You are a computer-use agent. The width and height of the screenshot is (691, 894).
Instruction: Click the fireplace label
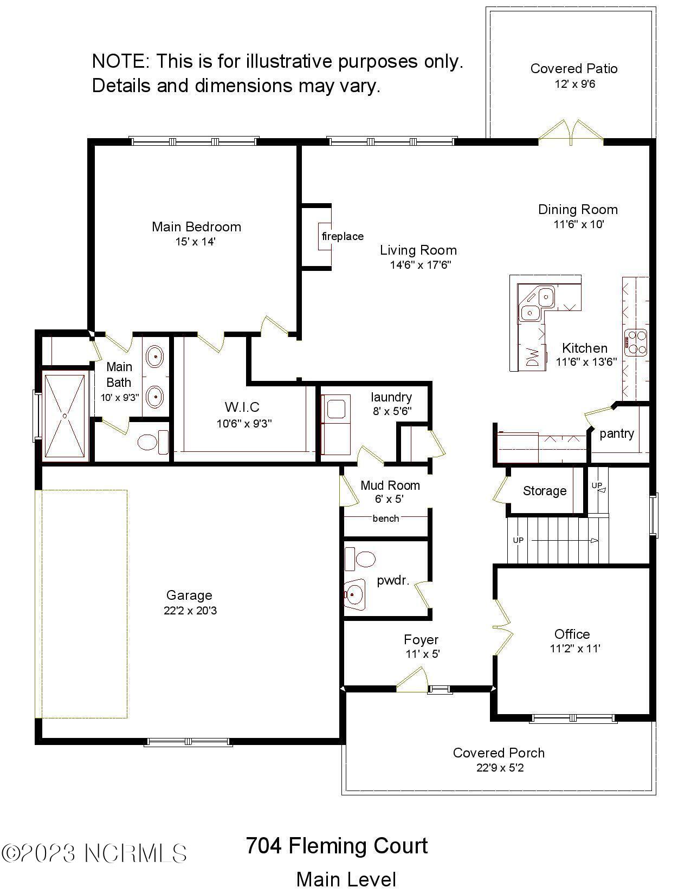click(x=343, y=236)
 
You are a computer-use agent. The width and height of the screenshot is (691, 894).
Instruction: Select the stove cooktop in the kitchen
click(x=636, y=342)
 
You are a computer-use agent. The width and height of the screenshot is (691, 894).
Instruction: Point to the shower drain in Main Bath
click(x=65, y=416)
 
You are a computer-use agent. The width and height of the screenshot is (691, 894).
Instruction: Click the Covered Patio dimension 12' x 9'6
click(x=574, y=84)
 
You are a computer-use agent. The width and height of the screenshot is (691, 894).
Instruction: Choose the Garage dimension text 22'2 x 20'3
click(x=190, y=611)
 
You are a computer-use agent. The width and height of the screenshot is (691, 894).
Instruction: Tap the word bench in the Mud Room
click(x=386, y=519)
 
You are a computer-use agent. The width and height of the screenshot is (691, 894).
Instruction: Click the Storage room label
click(x=545, y=491)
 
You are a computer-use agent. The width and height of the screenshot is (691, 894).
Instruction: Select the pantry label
click(x=617, y=433)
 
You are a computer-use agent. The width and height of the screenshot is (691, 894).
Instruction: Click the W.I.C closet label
click(x=242, y=407)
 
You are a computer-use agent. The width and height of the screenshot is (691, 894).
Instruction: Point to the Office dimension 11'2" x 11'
click(x=575, y=649)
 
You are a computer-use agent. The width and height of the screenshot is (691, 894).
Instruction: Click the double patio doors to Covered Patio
click(x=571, y=133)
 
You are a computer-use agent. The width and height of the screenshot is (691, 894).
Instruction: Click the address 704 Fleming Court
click(x=337, y=846)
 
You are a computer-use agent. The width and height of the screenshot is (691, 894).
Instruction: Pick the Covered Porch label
click(x=499, y=753)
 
